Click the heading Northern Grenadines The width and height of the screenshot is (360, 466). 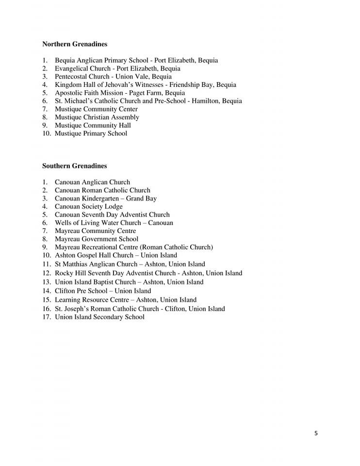75,44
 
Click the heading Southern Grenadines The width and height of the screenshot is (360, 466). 74,166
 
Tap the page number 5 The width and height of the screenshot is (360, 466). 316,433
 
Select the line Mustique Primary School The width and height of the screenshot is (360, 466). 91,133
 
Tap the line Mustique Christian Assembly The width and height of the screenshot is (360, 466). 97,117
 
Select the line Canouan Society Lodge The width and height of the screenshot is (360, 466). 88,207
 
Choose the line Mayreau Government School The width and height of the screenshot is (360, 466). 96,239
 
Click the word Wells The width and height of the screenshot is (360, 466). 63,223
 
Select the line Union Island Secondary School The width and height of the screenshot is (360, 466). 99,317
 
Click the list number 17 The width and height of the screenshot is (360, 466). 46,317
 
